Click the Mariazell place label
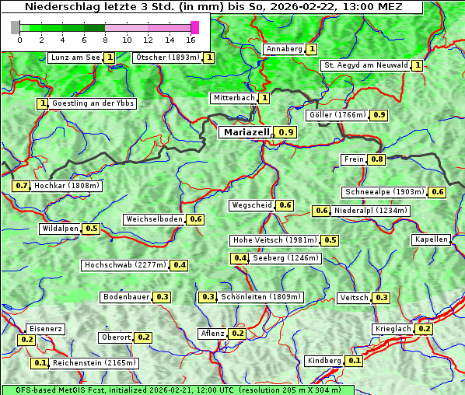(246, 132)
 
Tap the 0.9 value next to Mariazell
(286, 133)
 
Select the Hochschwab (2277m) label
(125, 265)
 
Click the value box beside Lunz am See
(110, 58)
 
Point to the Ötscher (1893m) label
(167, 58)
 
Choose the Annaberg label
(283, 49)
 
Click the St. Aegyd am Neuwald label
(365, 65)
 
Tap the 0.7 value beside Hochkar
(21, 186)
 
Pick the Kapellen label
(432, 239)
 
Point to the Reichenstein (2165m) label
(95, 363)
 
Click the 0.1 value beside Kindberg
(355, 361)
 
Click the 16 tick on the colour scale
(191, 39)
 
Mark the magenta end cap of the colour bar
(194, 27)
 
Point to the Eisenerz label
(45, 329)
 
